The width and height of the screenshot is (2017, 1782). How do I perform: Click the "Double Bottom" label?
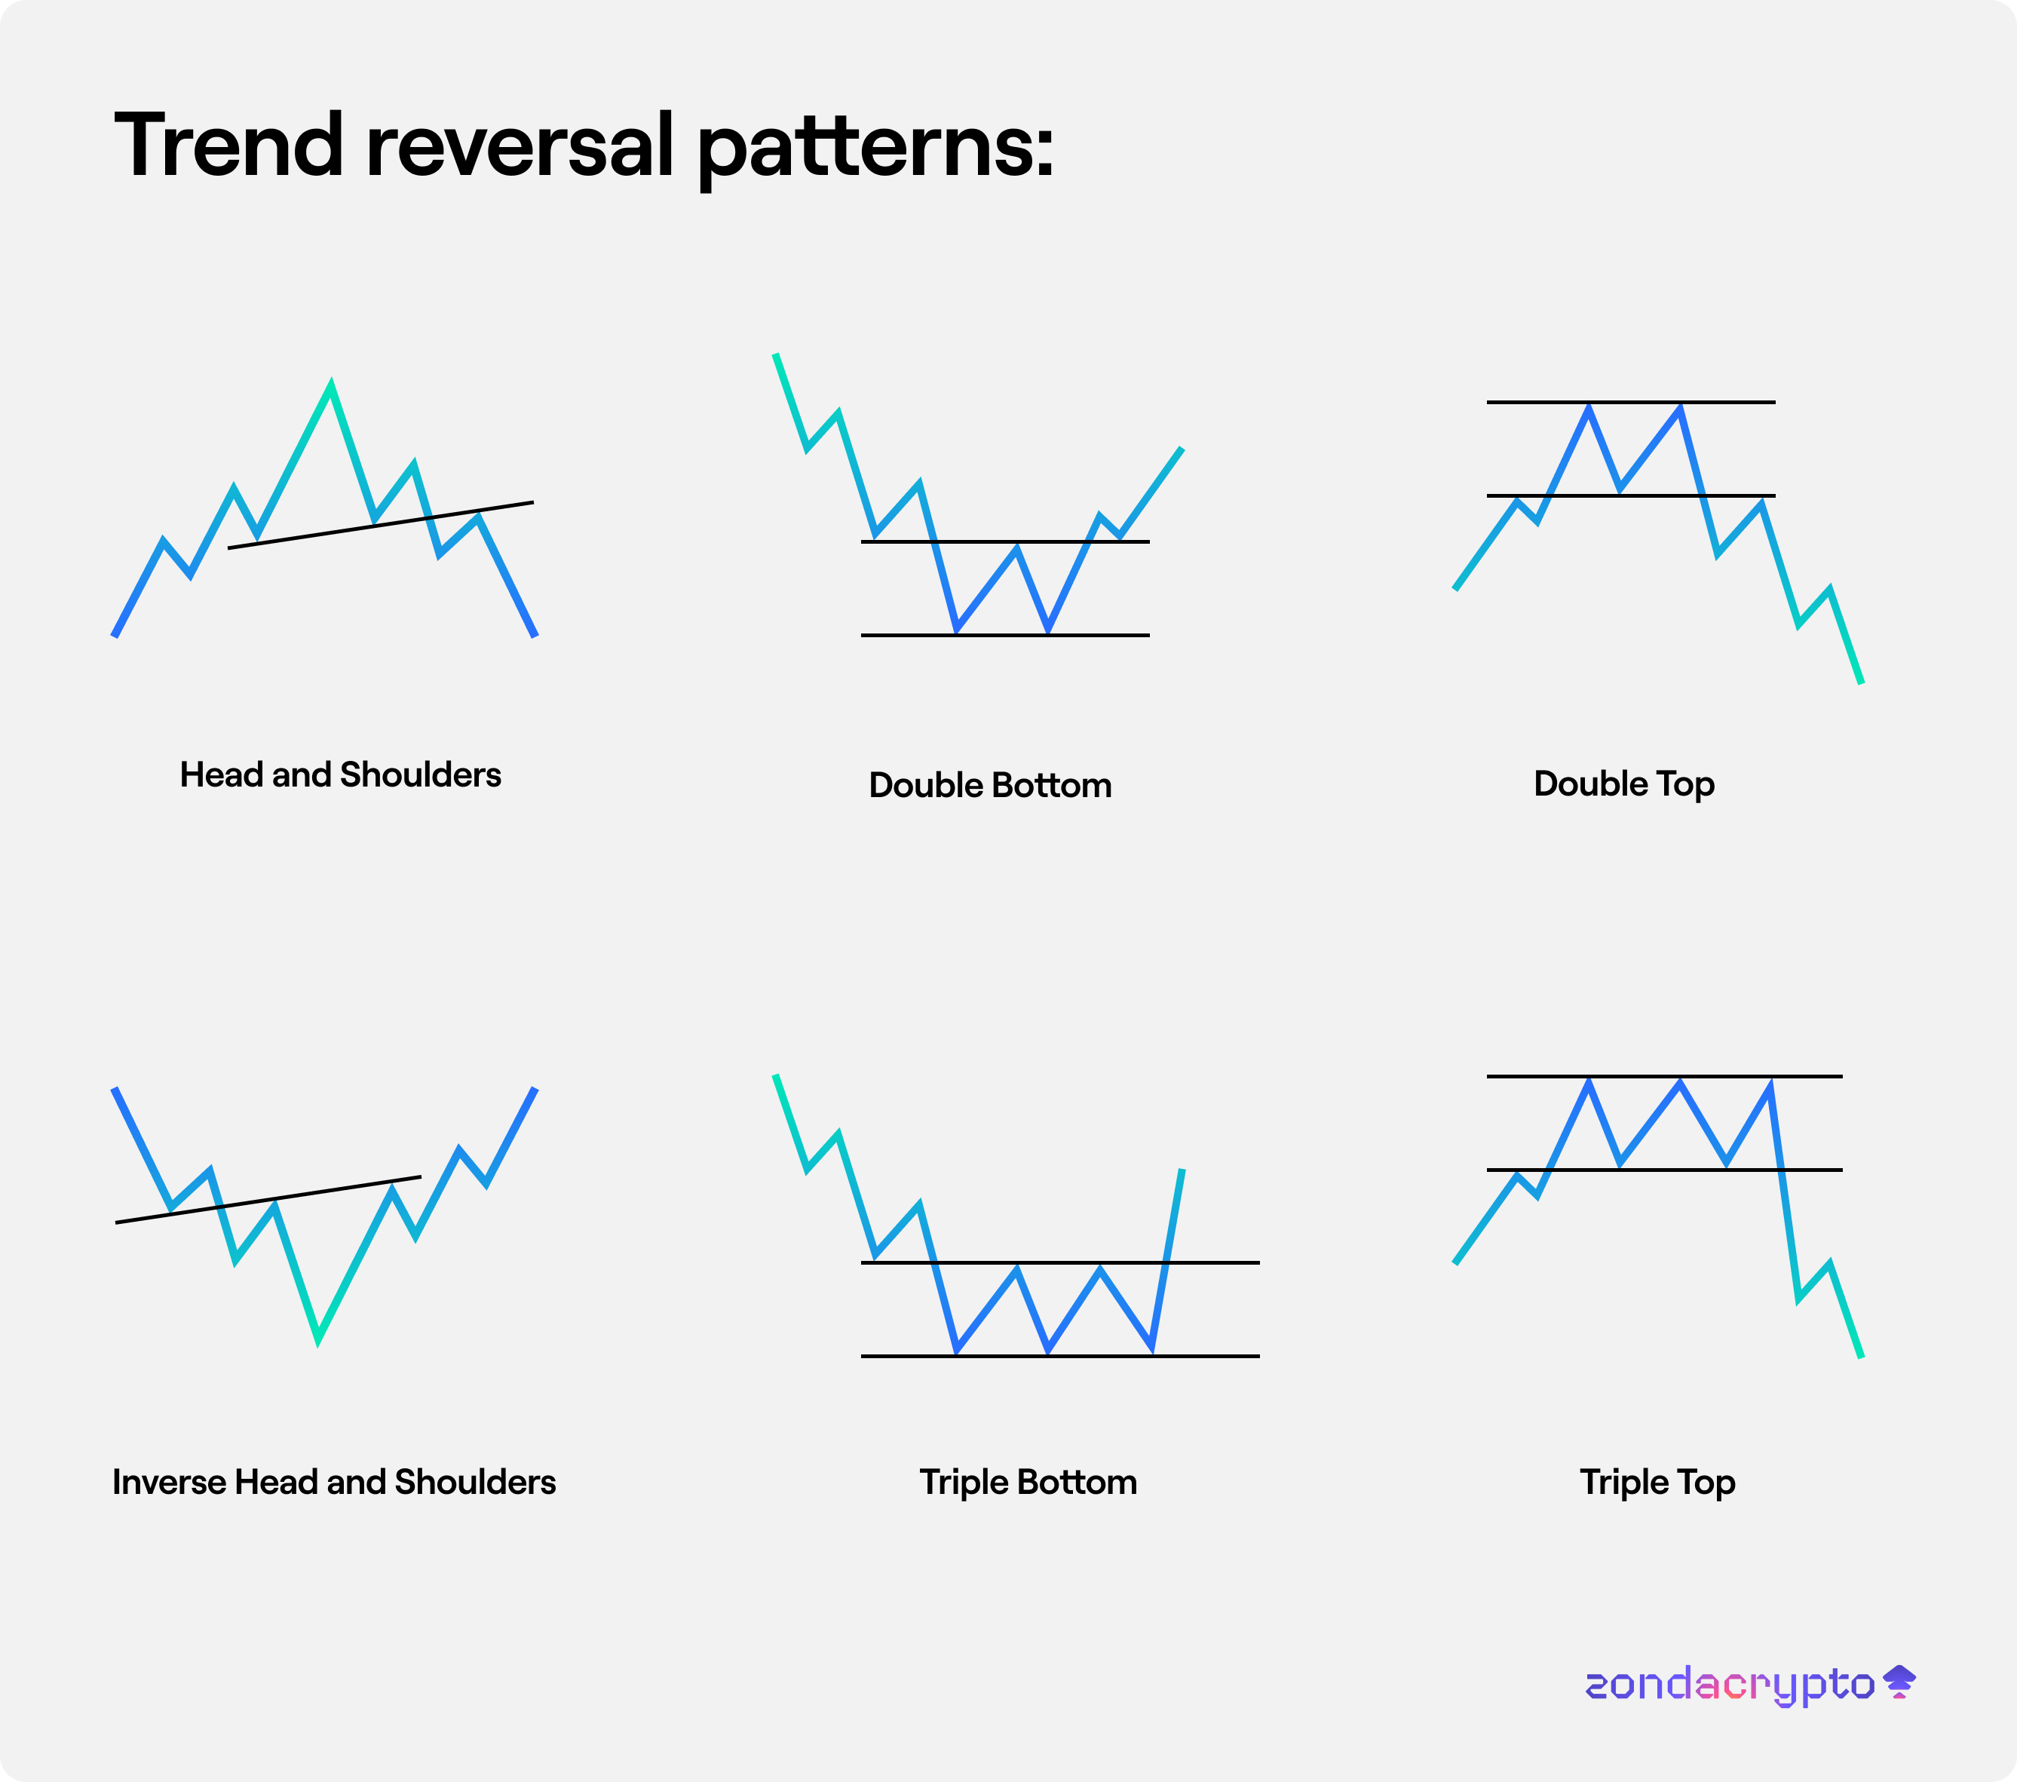tap(990, 785)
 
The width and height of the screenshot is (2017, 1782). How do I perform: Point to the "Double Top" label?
tap(1624, 784)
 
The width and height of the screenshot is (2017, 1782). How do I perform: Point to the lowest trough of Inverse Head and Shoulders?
tap(317, 1340)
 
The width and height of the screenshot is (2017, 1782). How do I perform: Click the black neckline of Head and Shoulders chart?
tap(381, 525)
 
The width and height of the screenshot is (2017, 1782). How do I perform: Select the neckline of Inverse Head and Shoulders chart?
tap(268, 1200)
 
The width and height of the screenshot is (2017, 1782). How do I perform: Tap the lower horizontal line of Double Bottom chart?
tap(1006, 634)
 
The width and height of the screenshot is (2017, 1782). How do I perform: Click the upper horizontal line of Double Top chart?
tap(1631, 403)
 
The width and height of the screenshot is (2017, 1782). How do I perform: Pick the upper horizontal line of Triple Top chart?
tap(1665, 1076)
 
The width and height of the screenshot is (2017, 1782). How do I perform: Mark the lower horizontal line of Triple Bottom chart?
tap(1060, 1356)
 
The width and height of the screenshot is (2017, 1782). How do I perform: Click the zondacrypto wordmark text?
tap(1730, 1684)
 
